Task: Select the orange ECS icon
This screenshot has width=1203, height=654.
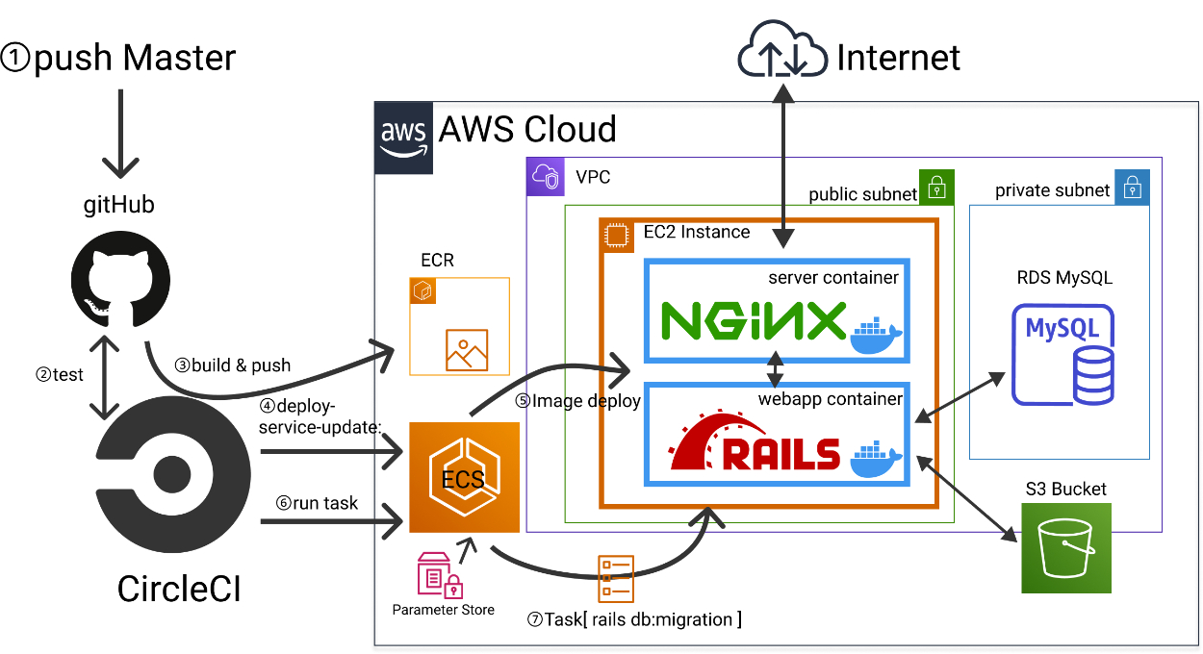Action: coord(464,477)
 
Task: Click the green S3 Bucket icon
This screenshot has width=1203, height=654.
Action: coord(1066,548)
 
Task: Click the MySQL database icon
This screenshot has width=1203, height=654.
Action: coord(1062,355)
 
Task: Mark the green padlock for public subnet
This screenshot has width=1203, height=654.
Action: coord(936,188)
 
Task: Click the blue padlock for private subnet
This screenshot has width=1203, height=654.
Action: coord(1132,188)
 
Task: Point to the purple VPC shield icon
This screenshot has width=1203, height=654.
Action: coord(545,178)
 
